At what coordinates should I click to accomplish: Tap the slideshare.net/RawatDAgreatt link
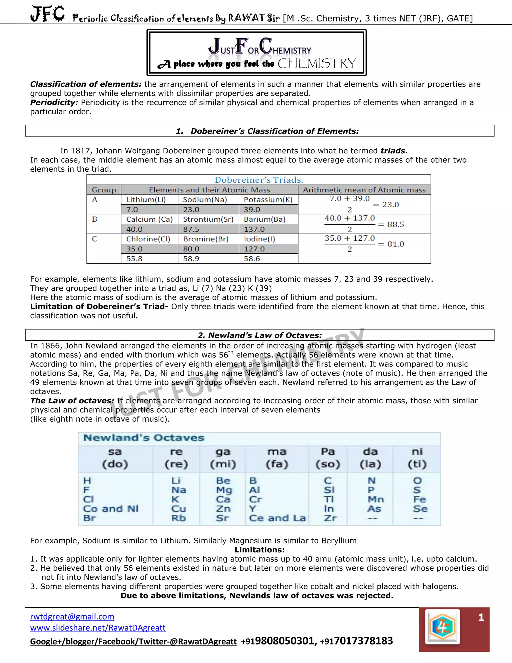pyautogui.click(x=98, y=627)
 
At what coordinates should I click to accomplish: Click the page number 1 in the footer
pyautogui.click(x=481, y=617)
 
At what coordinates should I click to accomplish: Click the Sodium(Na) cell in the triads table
pyautogui.click(x=205, y=199)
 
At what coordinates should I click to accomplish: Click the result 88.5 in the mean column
pyautogui.click(x=395, y=224)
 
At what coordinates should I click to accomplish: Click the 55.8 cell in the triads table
pyautogui.click(x=134, y=259)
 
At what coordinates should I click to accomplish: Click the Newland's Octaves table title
pyautogui.click(x=144, y=438)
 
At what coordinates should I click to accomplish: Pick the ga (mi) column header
pyautogui.click(x=223, y=458)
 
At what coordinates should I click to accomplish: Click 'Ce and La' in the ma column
pyautogui.click(x=277, y=518)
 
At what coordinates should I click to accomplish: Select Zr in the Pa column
pyautogui.click(x=330, y=518)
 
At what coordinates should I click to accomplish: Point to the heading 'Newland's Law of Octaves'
pyautogui.click(x=260, y=335)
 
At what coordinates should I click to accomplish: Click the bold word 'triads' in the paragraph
pyautogui.click(x=393, y=151)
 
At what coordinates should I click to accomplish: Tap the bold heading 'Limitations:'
pyautogui.click(x=260, y=550)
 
